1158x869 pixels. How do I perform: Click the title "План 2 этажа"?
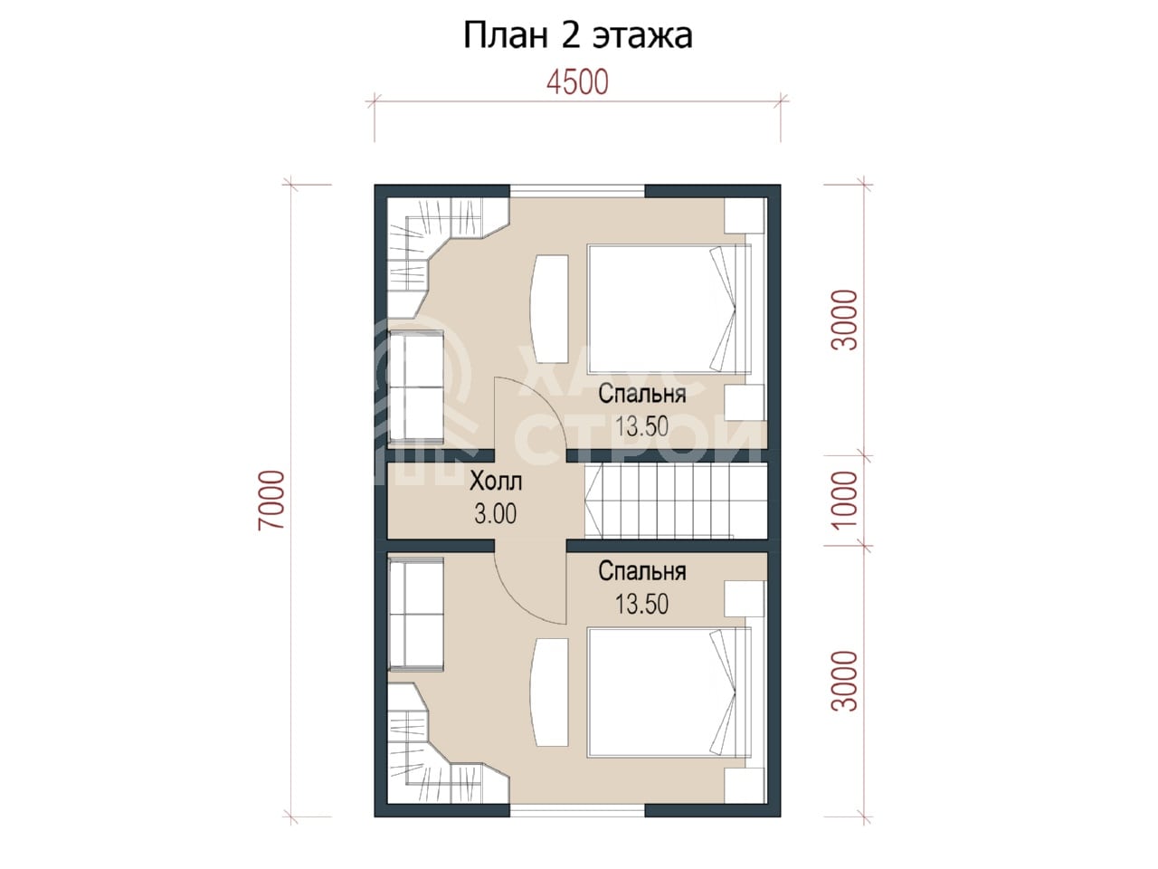pos(578,36)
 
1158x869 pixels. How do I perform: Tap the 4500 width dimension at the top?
pos(578,83)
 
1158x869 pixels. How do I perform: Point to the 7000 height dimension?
pos(272,500)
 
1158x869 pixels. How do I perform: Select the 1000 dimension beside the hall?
pos(844,500)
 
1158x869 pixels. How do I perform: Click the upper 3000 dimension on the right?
pos(844,320)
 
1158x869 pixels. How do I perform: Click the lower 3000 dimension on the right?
pos(844,681)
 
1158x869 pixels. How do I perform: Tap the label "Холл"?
pos(496,481)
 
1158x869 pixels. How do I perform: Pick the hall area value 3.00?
pos(496,513)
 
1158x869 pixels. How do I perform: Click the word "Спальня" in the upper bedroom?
pos(642,394)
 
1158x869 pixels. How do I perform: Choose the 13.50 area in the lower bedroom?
pos(642,604)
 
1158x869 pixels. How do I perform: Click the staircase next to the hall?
pos(675,501)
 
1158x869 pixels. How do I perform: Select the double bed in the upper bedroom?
pos(669,310)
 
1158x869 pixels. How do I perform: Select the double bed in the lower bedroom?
pos(669,692)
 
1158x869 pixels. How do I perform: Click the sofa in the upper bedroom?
pos(416,387)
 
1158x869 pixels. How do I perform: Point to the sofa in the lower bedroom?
pos(416,616)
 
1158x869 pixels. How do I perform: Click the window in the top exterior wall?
pos(578,190)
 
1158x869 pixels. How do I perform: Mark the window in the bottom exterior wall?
pos(578,811)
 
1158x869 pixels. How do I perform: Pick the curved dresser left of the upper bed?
pos(548,309)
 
